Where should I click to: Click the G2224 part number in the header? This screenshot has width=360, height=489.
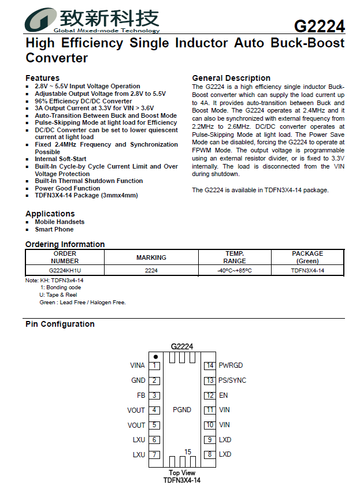coord(319,27)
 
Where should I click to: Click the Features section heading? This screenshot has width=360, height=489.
coord(42,78)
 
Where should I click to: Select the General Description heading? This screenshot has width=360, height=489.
coord(231,78)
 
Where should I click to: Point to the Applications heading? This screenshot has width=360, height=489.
coord(50,214)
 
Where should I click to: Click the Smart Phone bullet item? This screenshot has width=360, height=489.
coord(54,229)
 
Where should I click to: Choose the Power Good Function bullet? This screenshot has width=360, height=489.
coord(67,188)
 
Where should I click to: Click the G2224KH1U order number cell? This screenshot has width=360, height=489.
coord(65,270)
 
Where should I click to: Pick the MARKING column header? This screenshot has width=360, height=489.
coord(151,257)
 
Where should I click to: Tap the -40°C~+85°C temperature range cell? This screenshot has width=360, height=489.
coord(234,270)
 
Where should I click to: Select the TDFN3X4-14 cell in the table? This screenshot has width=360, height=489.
coord(307,270)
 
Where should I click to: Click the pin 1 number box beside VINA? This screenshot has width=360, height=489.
coord(154,365)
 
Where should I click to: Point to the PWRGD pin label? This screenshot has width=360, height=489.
coord(231,365)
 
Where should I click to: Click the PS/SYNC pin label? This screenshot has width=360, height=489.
coord(232,380)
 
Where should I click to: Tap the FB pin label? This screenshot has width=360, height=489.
coord(141,395)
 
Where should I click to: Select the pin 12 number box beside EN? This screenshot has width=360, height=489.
coord(210,395)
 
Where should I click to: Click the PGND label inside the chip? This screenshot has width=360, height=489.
coord(182,410)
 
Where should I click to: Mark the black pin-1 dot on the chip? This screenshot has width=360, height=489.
coord(155,357)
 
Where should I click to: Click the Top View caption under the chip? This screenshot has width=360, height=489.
coord(181,473)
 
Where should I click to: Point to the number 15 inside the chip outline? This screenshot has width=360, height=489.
coord(188,451)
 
